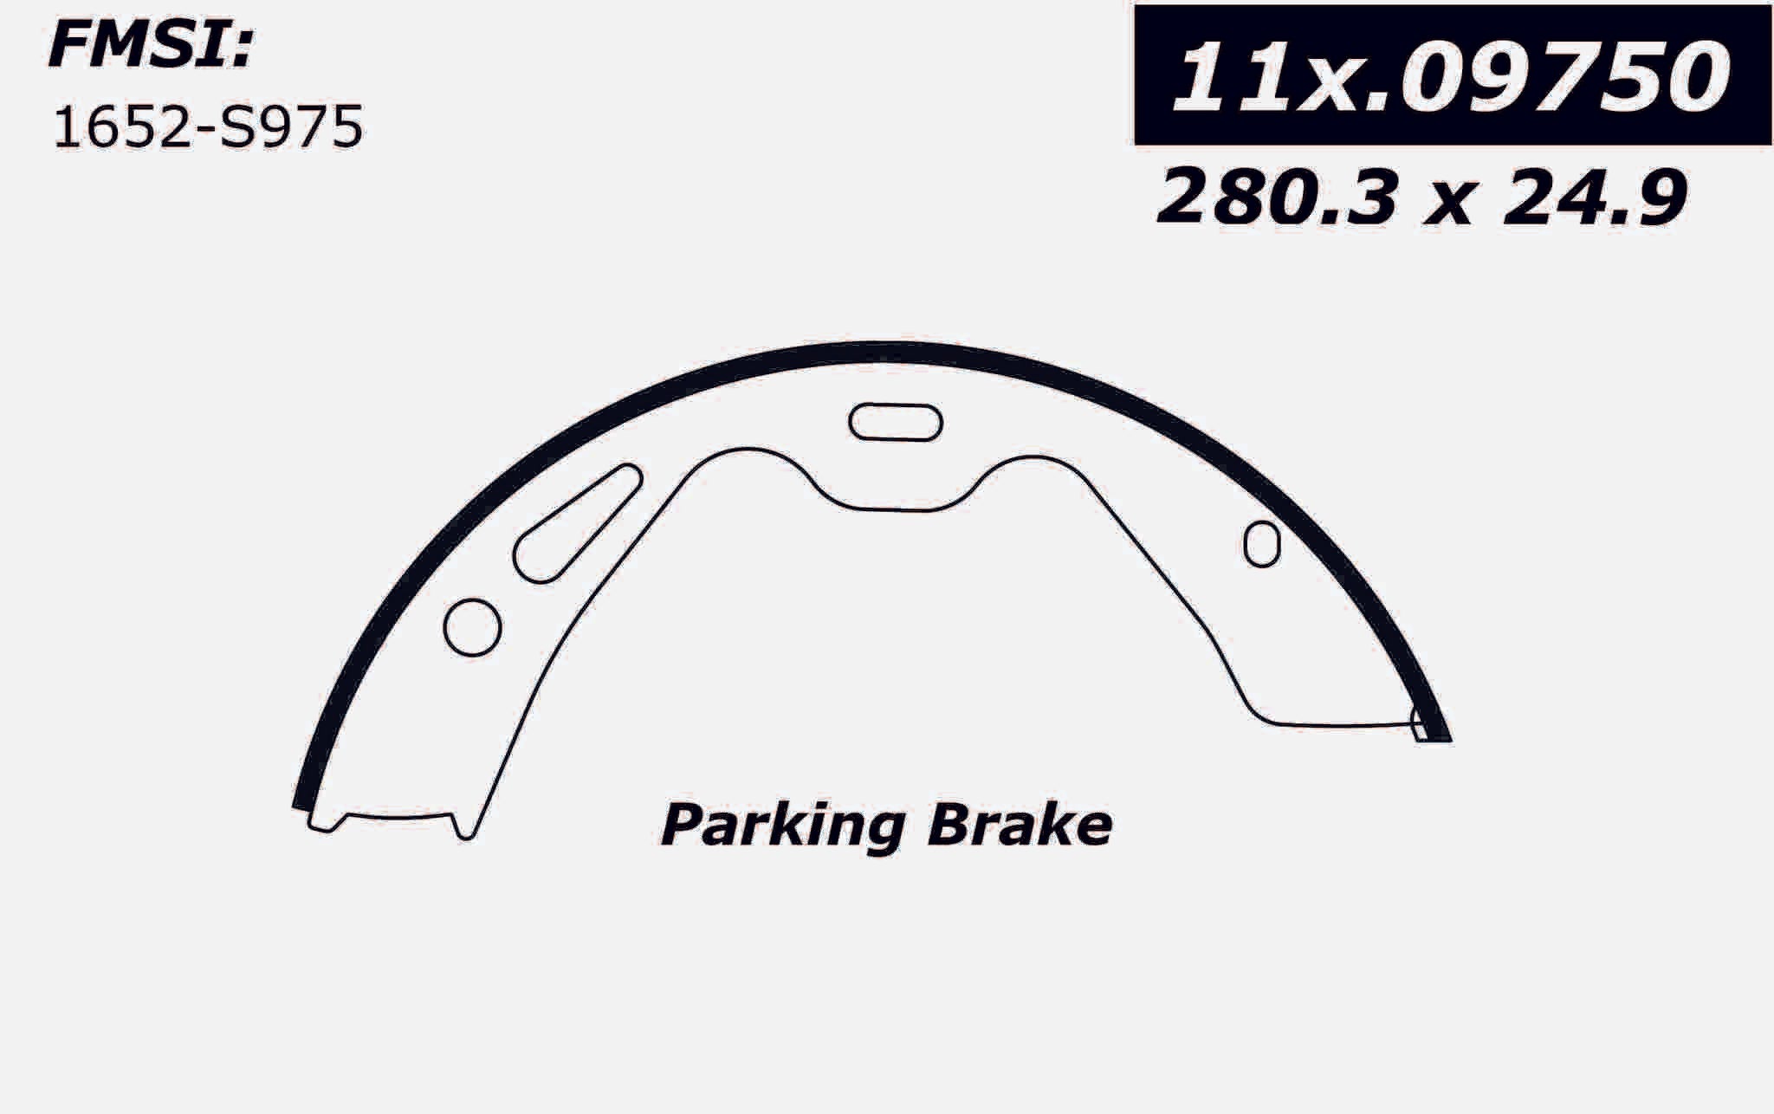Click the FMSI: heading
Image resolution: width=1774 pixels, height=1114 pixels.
pyautogui.click(x=149, y=46)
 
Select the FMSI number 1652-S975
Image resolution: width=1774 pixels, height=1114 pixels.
pyautogui.click(x=208, y=128)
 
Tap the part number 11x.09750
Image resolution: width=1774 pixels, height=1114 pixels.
pyautogui.click(x=1451, y=76)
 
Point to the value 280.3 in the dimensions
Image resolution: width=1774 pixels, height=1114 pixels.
pyautogui.click(x=1277, y=198)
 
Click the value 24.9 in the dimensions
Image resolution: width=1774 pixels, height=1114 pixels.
pyautogui.click(x=1594, y=198)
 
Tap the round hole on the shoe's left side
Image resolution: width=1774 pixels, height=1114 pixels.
pyautogui.click(x=472, y=626)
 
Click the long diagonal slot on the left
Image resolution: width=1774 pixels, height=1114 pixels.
pyautogui.click(x=577, y=523)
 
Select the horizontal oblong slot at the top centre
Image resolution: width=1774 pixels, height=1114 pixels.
pyautogui.click(x=895, y=423)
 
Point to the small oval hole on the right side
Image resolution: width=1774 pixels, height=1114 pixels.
pyautogui.click(x=1261, y=544)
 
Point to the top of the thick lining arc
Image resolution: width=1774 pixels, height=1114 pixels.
pyautogui.click(x=875, y=353)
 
